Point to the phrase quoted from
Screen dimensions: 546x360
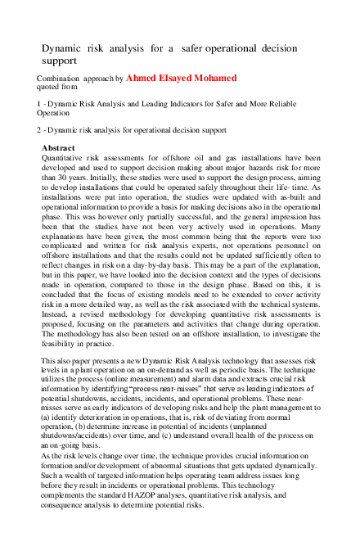tap(58, 87)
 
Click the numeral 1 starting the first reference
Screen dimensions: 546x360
tap(39, 104)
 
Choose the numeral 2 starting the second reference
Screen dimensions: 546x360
tap(39, 130)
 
